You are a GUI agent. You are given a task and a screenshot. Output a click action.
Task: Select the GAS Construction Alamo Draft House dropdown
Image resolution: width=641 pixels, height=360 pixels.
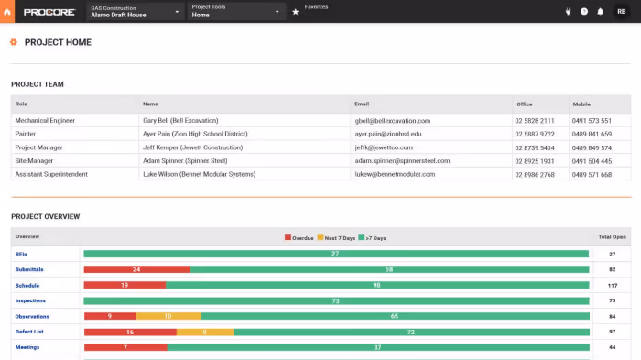[135, 11]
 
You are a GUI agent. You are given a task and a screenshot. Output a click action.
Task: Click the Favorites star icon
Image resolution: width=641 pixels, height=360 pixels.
[295, 12]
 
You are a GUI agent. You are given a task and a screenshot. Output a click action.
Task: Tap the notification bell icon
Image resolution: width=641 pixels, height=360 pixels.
[600, 12]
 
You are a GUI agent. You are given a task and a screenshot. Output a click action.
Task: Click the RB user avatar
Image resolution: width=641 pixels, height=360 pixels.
[622, 12]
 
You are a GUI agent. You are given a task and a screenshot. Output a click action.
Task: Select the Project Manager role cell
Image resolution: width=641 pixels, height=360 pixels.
[39, 147]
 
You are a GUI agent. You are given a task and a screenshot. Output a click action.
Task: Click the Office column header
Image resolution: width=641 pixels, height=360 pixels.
[524, 104]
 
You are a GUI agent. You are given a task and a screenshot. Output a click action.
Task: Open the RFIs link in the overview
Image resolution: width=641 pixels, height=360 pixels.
[21, 254]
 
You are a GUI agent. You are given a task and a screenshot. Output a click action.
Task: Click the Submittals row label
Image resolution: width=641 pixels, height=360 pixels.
[29, 269]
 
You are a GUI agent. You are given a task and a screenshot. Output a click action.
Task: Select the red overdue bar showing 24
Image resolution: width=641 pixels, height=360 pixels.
[136, 269]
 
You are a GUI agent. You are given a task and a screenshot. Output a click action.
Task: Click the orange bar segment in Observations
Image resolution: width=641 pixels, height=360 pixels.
[168, 316]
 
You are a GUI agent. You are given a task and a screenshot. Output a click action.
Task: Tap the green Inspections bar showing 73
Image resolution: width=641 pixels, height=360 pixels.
[336, 300]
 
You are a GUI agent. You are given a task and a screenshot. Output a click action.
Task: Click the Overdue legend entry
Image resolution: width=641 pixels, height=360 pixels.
[299, 238]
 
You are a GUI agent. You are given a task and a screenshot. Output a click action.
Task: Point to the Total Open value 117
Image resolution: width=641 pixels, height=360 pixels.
[612, 285]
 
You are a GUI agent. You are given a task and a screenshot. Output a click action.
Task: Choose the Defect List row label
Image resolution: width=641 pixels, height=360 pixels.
[30, 332]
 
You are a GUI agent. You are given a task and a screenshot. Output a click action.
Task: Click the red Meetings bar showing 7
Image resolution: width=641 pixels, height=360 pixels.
[125, 347]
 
